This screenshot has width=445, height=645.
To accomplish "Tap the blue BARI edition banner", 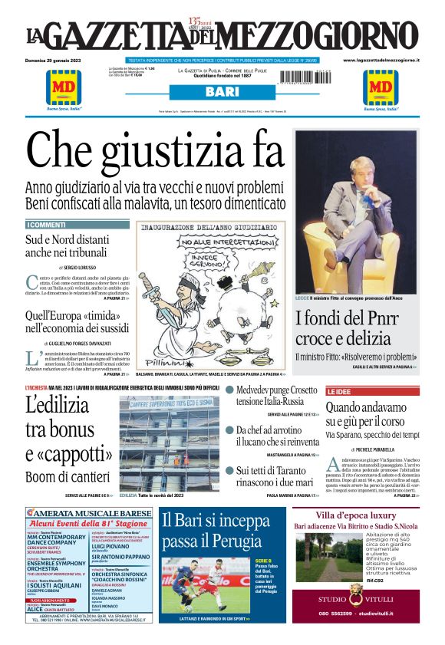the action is click(222, 92).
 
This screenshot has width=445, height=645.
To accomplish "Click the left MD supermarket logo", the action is click(64, 87).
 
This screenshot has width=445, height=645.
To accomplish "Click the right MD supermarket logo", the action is click(381, 87).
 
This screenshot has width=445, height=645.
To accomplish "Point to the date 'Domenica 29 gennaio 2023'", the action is click(58, 60).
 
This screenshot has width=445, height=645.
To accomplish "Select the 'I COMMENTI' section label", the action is click(47, 225).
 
